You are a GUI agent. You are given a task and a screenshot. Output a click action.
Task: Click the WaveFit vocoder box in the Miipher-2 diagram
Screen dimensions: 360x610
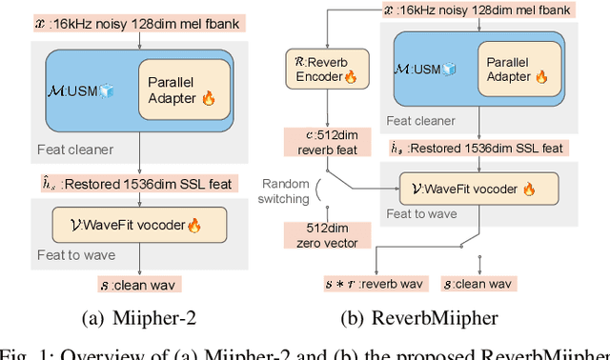pyautogui.click(x=141, y=226)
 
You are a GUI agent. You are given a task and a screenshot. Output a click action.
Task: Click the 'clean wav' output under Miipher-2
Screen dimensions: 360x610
pyautogui.click(x=140, y=284)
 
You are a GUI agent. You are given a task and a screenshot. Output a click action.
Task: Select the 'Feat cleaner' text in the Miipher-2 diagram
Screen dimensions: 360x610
pyautogui.click(x=75, y=150)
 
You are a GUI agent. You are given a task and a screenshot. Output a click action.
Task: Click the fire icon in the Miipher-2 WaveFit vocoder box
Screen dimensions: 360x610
pyautogui.click(x=194, y=226)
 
